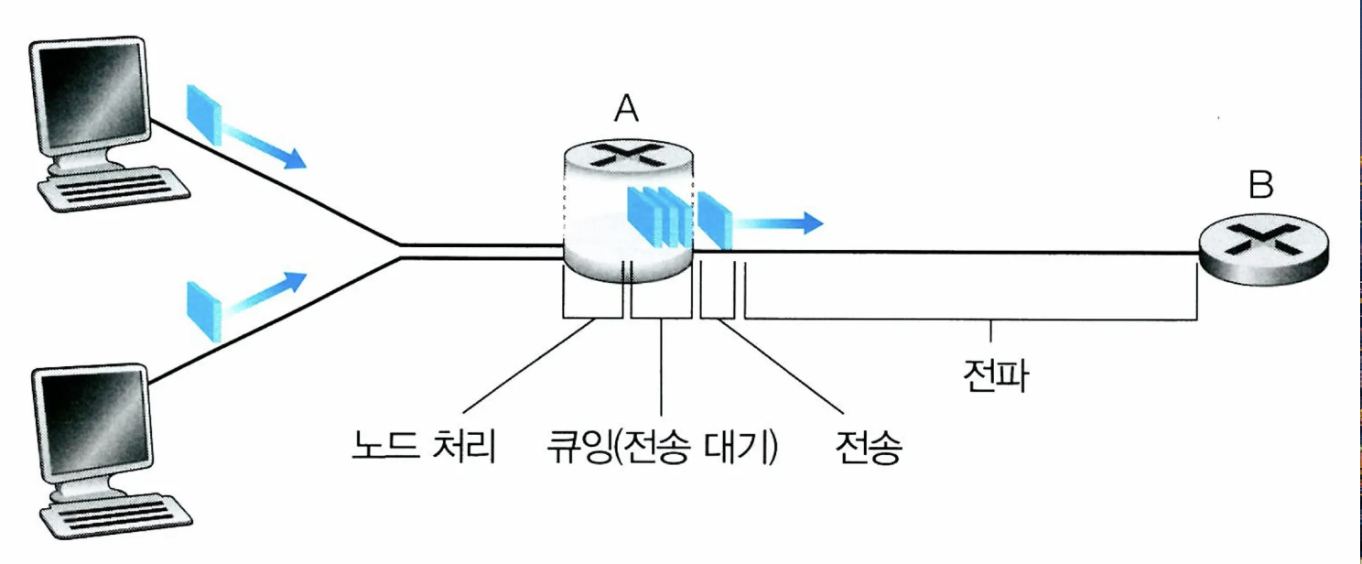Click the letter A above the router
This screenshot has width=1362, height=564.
pos(626,109)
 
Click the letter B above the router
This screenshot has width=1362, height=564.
pos(1260,186)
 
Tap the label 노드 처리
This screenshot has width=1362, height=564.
pos(424,450)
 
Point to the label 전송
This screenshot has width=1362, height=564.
pos(869,450)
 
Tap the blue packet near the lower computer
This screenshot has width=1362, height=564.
pos(204,309)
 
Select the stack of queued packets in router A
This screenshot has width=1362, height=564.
pos(656,216)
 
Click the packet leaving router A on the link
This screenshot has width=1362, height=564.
pos(715,220)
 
